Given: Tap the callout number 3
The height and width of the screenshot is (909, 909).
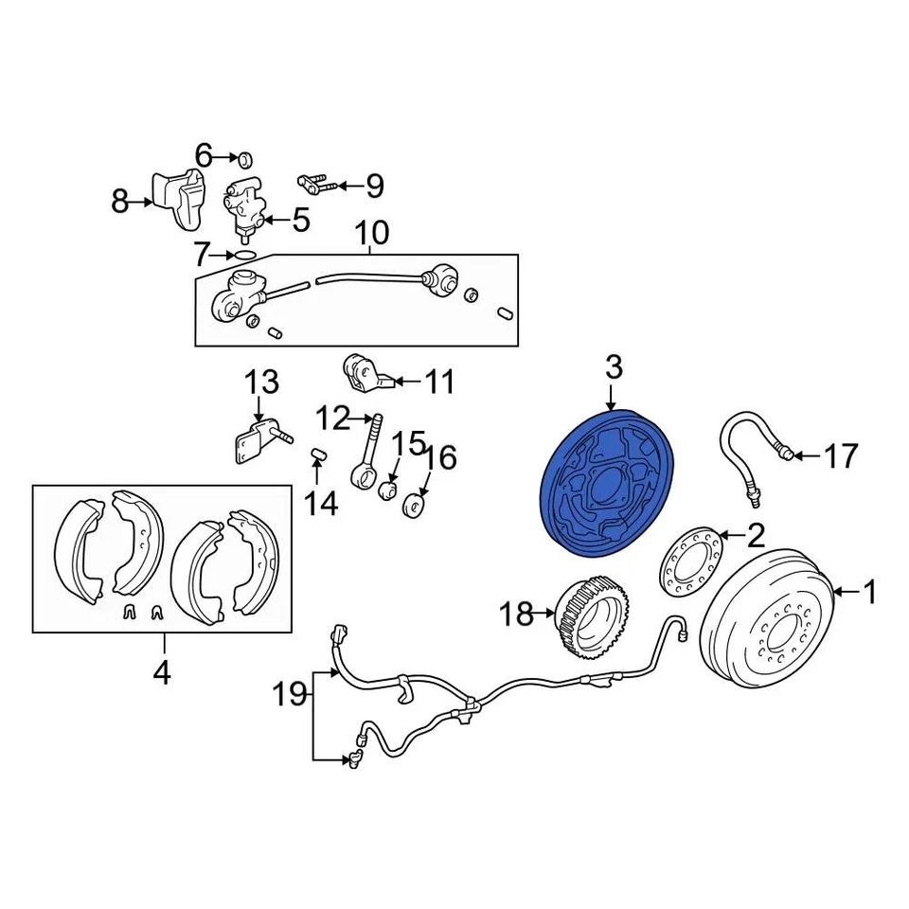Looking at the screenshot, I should coord(614,365).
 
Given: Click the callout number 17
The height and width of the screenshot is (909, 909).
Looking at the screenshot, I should coord(839,456).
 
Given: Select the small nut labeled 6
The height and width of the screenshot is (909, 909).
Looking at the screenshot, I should coord(242,156).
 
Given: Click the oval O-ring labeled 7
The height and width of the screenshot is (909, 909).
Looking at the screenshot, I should coord(243,255).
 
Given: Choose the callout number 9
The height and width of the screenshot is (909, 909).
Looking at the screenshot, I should coord(375,186).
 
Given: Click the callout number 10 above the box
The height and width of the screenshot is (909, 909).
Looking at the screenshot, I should coord(372,232).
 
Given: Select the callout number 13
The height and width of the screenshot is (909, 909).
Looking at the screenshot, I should coord(262,383).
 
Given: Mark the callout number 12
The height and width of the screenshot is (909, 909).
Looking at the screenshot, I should coord(332,418).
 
